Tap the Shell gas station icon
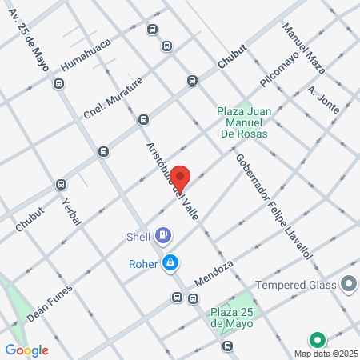point(164,234)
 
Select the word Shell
point(138,236)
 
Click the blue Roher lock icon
point(170,262)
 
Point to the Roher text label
point(142,262)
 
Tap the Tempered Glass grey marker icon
point(348,283)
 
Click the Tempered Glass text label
point(297,285)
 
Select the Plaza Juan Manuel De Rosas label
point(252,123)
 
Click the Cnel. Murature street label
point(113,98)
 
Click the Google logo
point(26,350)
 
